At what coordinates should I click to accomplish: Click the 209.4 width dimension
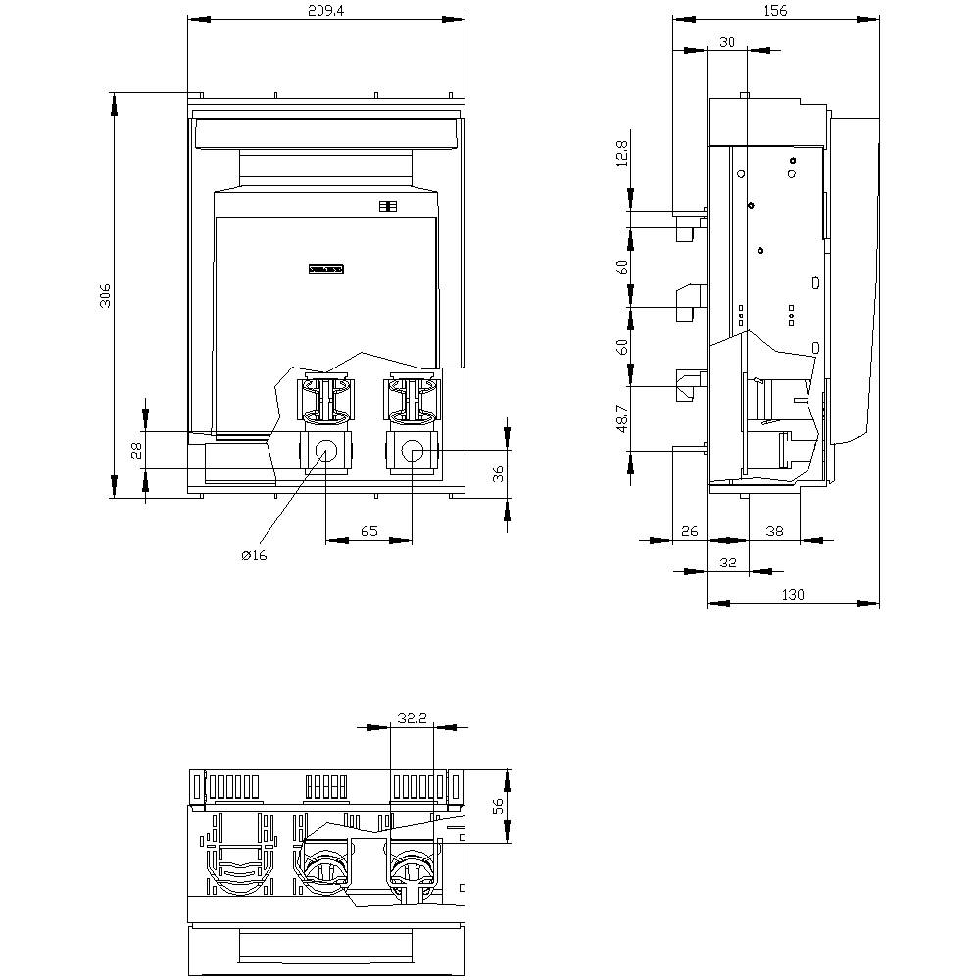325,10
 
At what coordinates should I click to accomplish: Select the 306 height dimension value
106,295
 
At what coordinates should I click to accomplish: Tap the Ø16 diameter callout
254,555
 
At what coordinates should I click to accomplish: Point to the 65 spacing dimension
368,531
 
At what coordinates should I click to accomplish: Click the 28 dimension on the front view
136,450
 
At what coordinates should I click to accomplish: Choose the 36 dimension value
498,473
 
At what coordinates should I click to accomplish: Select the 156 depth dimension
775,10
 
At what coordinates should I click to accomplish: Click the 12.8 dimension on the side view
622,154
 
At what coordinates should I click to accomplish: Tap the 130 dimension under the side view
793,594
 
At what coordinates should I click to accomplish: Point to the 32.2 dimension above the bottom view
414,718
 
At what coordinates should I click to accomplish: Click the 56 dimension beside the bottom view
498,806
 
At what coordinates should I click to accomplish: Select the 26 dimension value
689,531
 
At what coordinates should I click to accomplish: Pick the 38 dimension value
774,531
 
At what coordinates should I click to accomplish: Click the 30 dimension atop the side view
726,41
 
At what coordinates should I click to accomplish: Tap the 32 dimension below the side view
727,563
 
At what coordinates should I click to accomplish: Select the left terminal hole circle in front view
325,451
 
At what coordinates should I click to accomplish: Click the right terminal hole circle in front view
413,451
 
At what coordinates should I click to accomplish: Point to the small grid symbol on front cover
385,206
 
